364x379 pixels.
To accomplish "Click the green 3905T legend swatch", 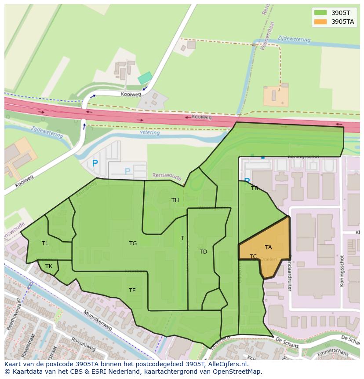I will pos(320,13).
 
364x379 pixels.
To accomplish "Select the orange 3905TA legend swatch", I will pos(320,22).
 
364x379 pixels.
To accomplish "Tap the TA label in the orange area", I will pos(268,247).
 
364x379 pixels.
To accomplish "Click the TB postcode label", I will pos(255,188).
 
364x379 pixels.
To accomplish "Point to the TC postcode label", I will pos(253,257).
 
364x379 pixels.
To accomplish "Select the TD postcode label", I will pos(203,252).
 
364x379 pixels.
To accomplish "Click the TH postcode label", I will pos(175,200).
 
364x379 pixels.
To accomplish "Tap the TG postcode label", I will pos(133,243).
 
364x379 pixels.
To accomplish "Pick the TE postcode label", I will pos(132,291).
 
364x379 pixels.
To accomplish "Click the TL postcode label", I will pos(45,243).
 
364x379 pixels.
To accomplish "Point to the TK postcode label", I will pos(49,266).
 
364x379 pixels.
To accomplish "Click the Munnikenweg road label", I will pos(96,320).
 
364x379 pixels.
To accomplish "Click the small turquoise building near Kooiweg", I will pos(145,78).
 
